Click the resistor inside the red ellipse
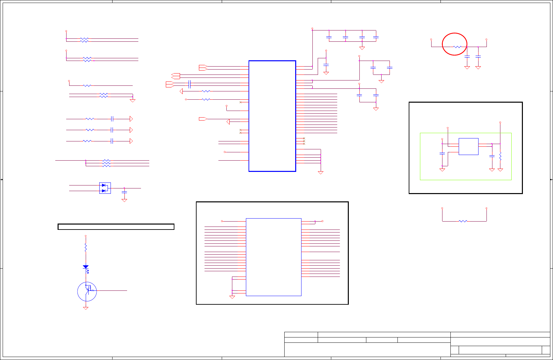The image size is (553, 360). click(x=457, y=47)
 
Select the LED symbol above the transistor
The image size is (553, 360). click(x=86, y=267)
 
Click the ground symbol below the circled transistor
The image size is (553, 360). click(x=86, y=308)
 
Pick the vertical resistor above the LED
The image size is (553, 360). click(x=86, y=247)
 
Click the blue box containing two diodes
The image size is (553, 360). click(x=105, y=188)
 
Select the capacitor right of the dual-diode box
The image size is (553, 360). click(x=124, y=192)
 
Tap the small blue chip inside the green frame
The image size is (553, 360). click(x=468, y=146)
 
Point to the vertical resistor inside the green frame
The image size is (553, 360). click(x=500, y=156)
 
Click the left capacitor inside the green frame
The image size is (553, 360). click(x=442, y=154)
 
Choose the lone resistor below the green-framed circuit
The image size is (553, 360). click(x=463, y=221)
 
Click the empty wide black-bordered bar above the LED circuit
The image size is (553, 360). click(x=116, y=227)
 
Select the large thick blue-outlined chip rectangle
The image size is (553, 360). click(x=272, y=116)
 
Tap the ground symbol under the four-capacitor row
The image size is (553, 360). click(x=362, y=48)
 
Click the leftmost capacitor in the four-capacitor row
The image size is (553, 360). click(x=329, y=37)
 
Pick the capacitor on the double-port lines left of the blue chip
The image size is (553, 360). click(x=190, y=84)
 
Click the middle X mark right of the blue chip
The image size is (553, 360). click(x=304, y=141)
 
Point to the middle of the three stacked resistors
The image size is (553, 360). click(x=106, y=163)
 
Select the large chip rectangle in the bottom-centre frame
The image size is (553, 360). click(x=274, y=257)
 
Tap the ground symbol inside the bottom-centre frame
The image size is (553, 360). click(x=232, y=297)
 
